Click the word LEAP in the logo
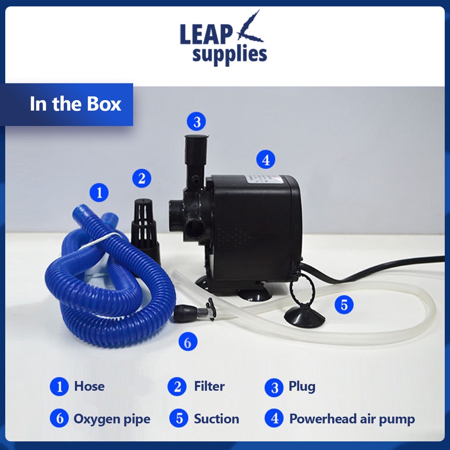[x=206, y=35]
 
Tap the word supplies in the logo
[x=229, y=55]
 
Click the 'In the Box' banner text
[x=76, y=104]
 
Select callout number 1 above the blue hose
[x=99, y=192]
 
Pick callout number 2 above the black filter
[x=142, y=178]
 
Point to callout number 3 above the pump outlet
[x=196, y=121]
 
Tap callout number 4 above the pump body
[x=266, y=160]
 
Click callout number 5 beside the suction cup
[x=344, y=305]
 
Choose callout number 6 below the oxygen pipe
[x=188, y=342]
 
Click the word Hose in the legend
[x=89, y=386]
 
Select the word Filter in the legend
[x=209, y=386]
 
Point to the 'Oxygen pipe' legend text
[x=112, y=419]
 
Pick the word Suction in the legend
[x=217, y=419]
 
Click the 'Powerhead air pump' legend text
[x=352, y=419]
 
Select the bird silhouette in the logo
[x=249, y=27]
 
